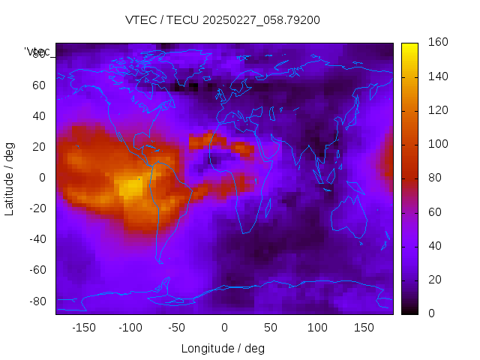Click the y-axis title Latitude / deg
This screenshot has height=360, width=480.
pos(10,177)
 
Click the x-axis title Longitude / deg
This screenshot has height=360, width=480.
pos(223,348)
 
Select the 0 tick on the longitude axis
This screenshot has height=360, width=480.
pos(223,328)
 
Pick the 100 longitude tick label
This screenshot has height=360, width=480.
pos(317,328)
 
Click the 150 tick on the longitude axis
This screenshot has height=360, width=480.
pos(364,328)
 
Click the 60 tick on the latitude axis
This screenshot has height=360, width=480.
pos(39,85)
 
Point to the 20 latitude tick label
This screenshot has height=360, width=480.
pos(39,146)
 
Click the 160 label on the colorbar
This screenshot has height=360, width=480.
pos(437,43)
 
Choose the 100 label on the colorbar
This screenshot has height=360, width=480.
pos(437,144)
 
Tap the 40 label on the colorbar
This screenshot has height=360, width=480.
pos(434,246)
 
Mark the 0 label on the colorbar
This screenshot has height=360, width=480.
pos(431,313)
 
